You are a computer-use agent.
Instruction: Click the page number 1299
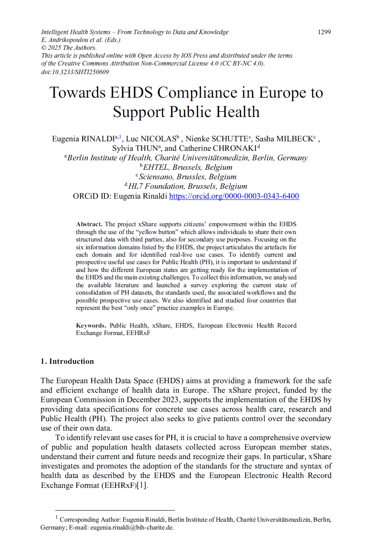tap(324, 32)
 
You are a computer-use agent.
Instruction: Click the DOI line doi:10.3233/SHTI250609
tap(75, 72)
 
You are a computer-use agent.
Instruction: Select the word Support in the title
tap(141, 112)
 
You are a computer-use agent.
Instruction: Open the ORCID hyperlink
tap(234, 196)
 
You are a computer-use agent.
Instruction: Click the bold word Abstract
tap(89, 224)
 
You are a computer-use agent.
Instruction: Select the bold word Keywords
tap(91, 326)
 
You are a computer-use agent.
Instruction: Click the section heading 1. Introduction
tap(67, 361)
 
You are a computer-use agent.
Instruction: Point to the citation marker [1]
tap(142, 485)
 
